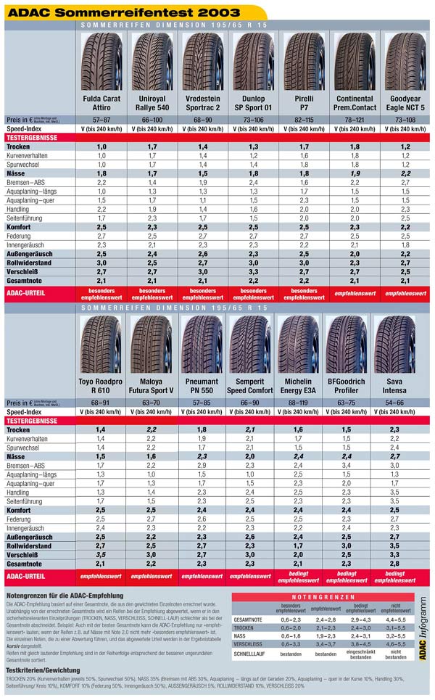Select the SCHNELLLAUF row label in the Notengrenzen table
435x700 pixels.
point(252,653)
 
